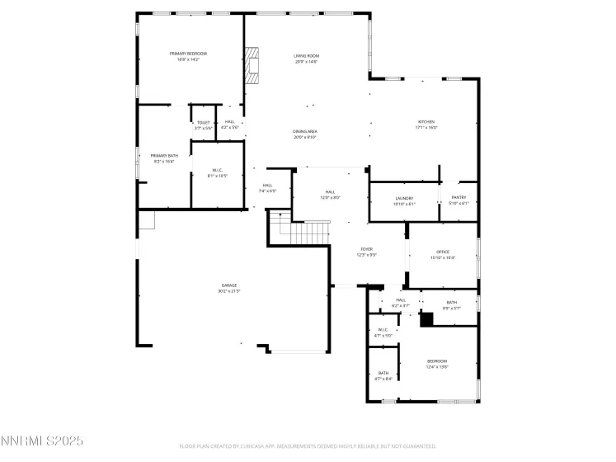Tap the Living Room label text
pyautogui.click(x=306, y=59)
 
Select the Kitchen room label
pyautogui.click(x=426, y=125)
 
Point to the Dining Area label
pyautogui.click(x=305, y=134)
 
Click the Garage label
pyautogui.click(x=228, y=288)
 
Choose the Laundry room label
pyautogui.click(x=404, y=200)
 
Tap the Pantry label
pyautogui.click(x=459, y=200)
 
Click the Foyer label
pyautogui.click(x=366, y=252)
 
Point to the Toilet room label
pyautogui.click(x=203, y=125)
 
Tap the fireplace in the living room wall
pyautogui.click(x=253, y=65)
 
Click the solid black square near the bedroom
pyautogui.click(x=426, y=319)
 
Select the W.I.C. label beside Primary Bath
pyautogui.click(x=216, y=172)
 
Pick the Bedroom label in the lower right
pyautogui.click(x=437, y=364)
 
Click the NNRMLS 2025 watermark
pyautogui.click(x=43, y=441)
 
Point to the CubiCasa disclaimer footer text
pyautogui.click(x=308, y=446)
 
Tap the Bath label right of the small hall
pyautogui.click(x=451, y=305)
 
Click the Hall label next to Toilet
pyautogui.click(x=229, y=125)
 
